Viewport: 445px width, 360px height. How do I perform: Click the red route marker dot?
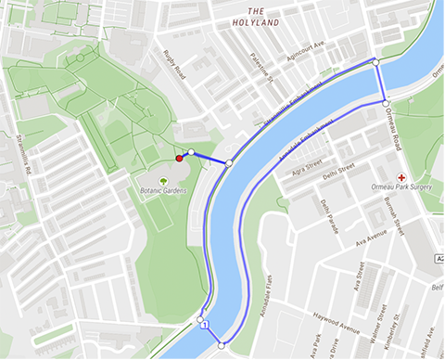[179, 160]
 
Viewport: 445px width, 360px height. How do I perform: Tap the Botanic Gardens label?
[163, 189]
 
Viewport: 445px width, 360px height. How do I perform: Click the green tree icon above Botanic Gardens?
[163, 179]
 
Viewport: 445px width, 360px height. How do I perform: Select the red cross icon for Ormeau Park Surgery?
[400, 176]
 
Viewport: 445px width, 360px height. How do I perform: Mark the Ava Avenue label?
[368, 238]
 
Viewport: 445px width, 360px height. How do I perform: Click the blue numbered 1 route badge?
[203, 325]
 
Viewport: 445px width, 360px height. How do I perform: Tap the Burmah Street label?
[397, 223]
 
